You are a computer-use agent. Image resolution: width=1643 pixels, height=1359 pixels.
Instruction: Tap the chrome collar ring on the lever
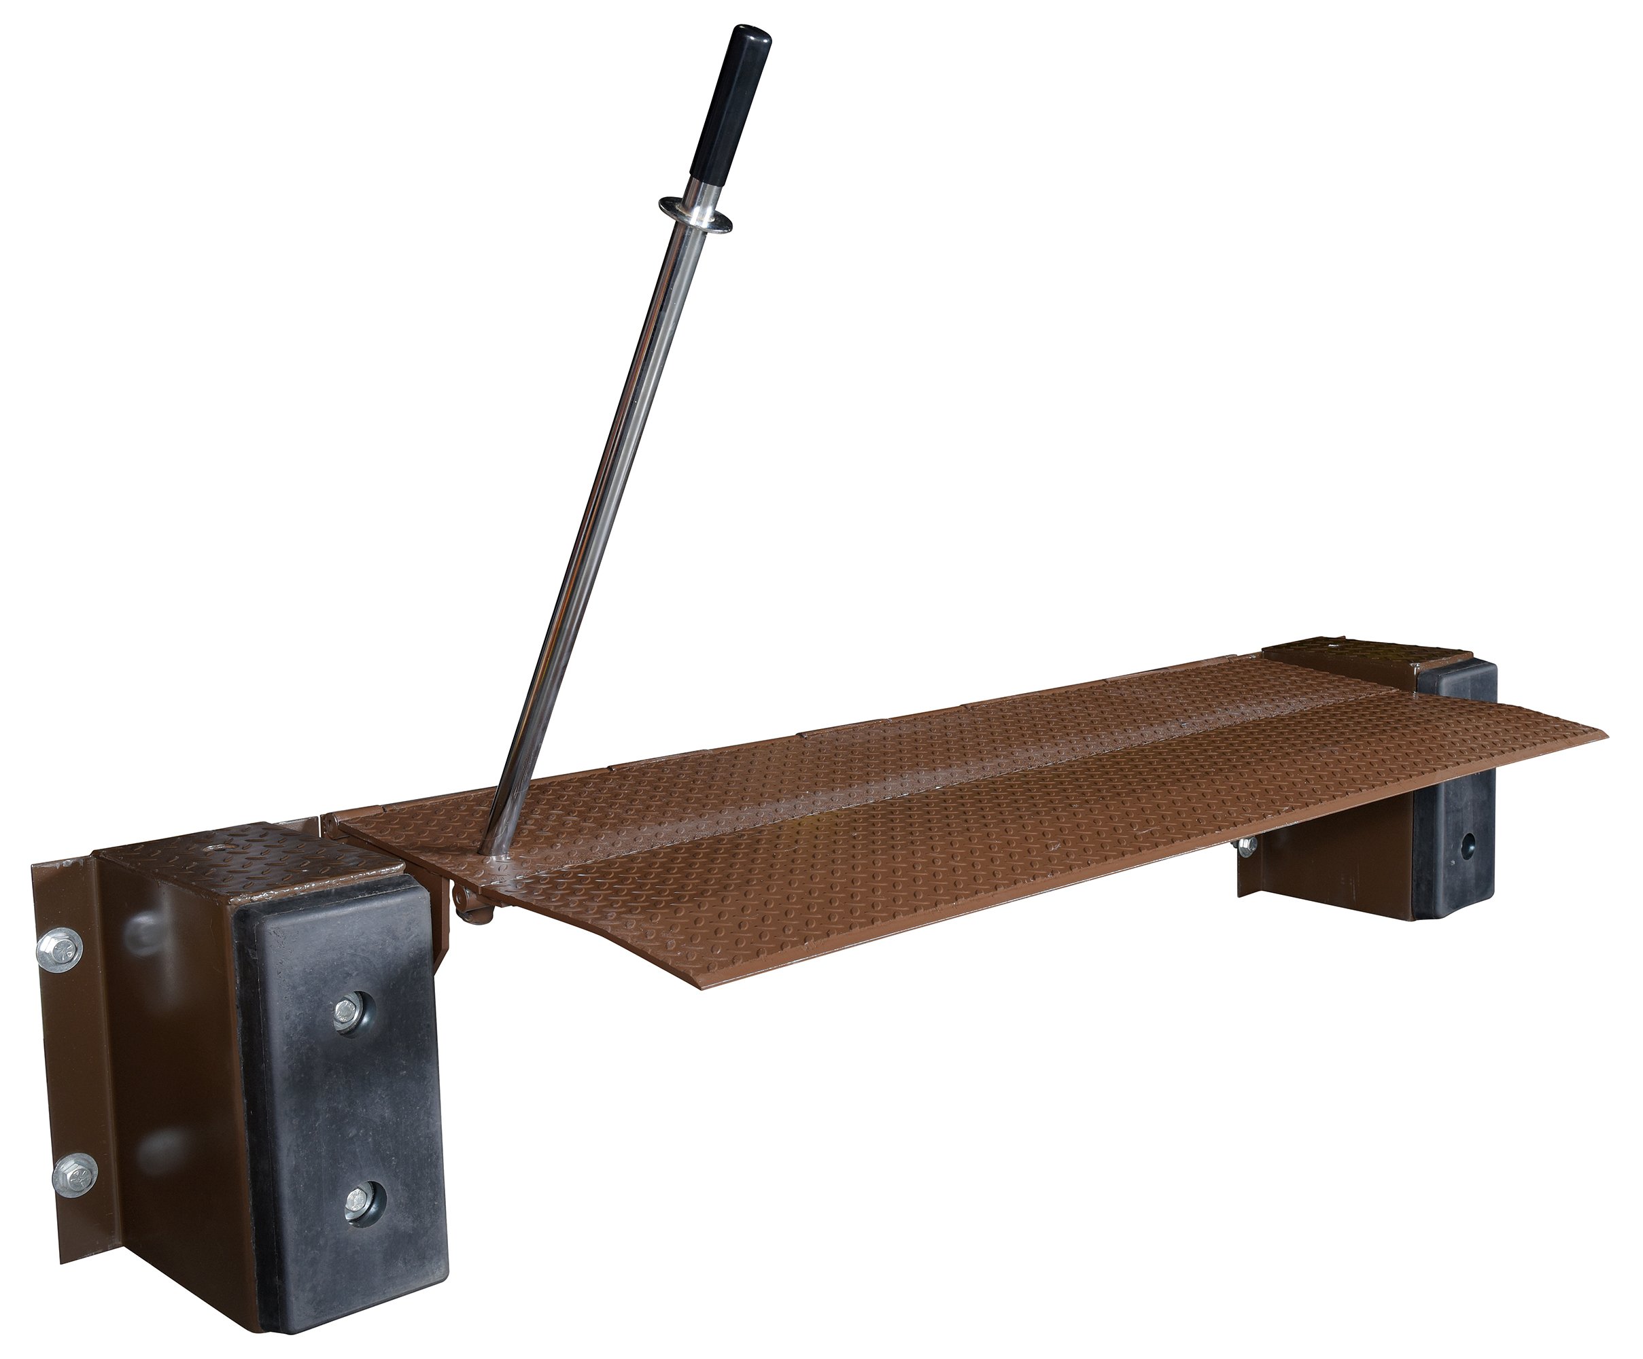tap(695, 212)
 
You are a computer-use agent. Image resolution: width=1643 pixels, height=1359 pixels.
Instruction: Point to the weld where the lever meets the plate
tap(494, 861)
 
